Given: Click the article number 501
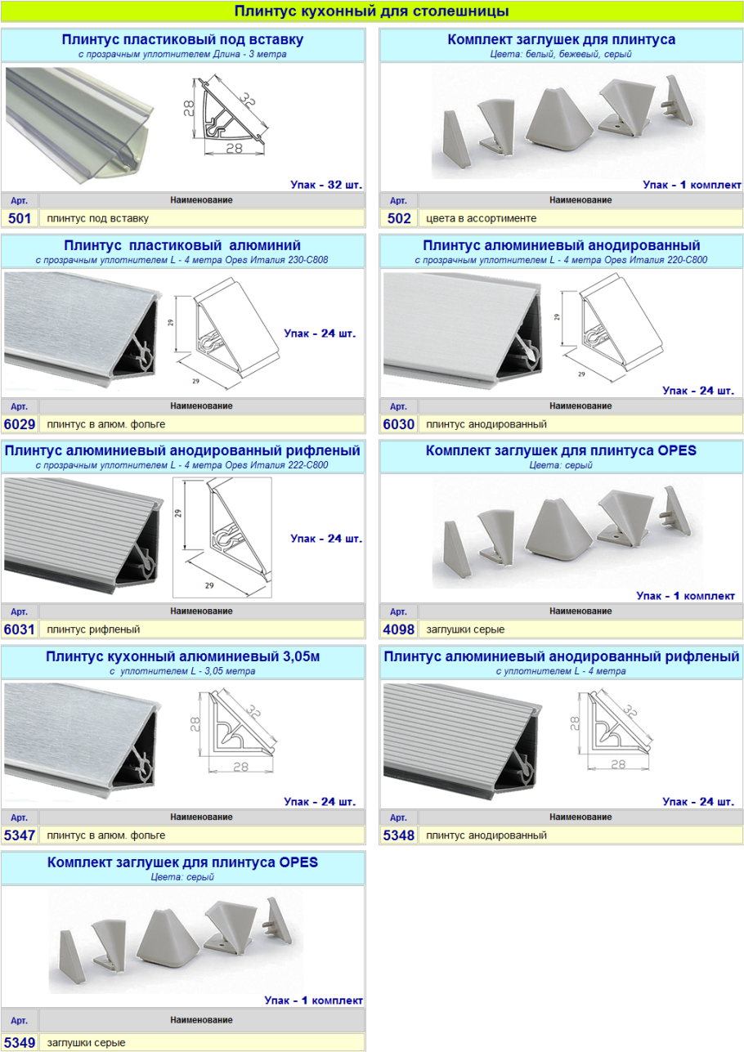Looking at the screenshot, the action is click(x=20, y=218).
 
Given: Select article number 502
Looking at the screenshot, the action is click(x=399, y=218).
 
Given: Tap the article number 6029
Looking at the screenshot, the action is click(x=20, y=424).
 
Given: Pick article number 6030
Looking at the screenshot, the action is click(x=398, y=424).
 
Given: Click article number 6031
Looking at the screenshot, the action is click(x=20, y=629).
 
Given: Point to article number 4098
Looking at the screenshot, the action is click(x=398, y=629).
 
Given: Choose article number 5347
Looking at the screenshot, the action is click(x=20, y=835).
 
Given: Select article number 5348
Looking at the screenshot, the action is click(x=398, y=835).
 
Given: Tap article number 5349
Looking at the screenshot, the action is click(x=20, y=1043).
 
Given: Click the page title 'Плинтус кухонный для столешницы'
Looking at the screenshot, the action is click(x=371, y=11).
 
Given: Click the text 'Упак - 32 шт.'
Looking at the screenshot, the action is click(x=326, y=185).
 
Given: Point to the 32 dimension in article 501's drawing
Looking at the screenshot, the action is click(x=249, y=101).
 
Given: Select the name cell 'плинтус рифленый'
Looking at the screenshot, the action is click(x=93, y=629).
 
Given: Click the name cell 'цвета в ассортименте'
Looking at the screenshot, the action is click(x=481, y=218).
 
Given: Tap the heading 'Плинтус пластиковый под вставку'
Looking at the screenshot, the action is click(x=182, y=39).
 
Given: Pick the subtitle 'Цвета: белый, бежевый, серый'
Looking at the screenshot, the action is click(x=561, y=54).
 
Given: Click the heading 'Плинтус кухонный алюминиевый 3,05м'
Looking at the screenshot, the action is click(x=182, y=656).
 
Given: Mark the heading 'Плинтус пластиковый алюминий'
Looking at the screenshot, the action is click(x=182, y=245).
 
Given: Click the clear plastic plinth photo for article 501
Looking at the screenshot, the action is click(x=80, y=124).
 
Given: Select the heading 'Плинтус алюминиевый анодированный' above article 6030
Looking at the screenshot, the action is click(x=562, y=245).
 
